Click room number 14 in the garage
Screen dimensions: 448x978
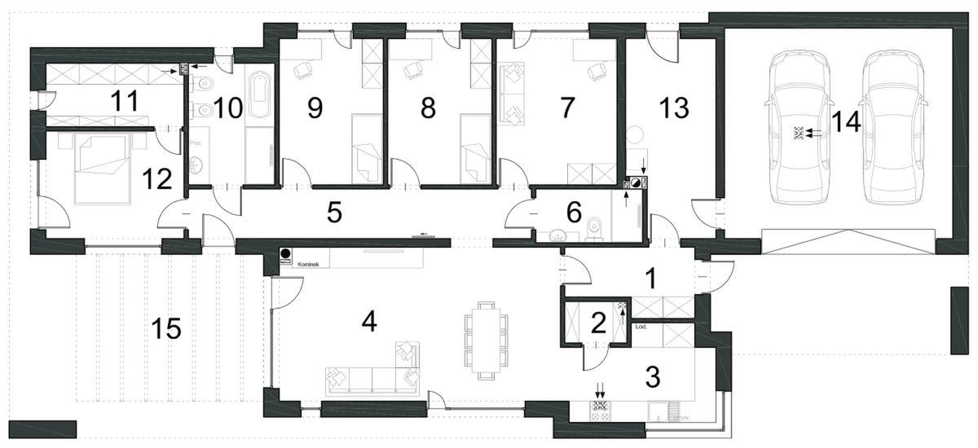tap(847, 123)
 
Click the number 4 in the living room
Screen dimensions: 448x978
tap(369, 322)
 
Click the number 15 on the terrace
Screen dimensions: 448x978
tap(166, 330)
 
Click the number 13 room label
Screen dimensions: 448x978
tap(675, 107)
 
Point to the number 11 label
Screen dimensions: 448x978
tap(113, 101)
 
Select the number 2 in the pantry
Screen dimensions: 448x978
tap(598, 324)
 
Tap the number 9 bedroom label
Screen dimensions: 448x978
tap(315, 108)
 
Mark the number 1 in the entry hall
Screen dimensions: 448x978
tap(650, 279)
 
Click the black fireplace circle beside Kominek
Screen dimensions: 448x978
tap(285, 253)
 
